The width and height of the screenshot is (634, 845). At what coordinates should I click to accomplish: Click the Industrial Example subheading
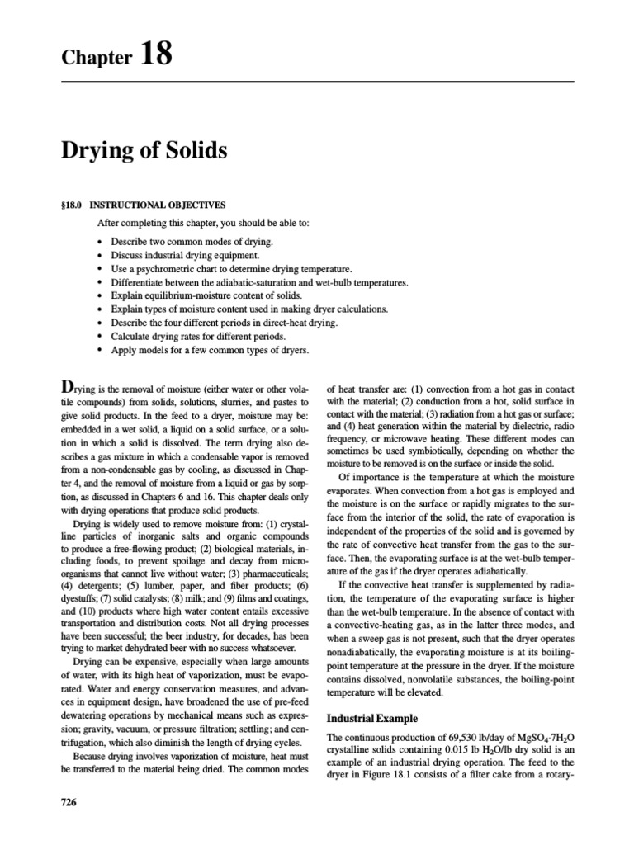(374, 718)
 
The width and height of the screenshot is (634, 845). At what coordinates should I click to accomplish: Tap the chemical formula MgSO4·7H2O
(542, 738)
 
